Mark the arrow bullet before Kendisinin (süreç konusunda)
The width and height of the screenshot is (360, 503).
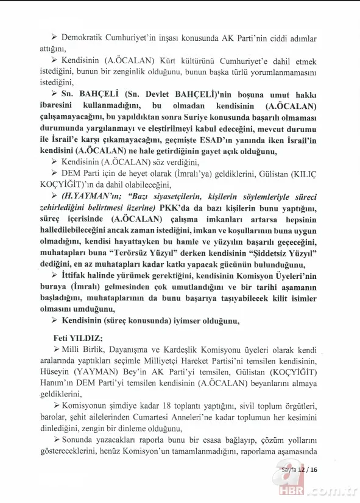(54, 322)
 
